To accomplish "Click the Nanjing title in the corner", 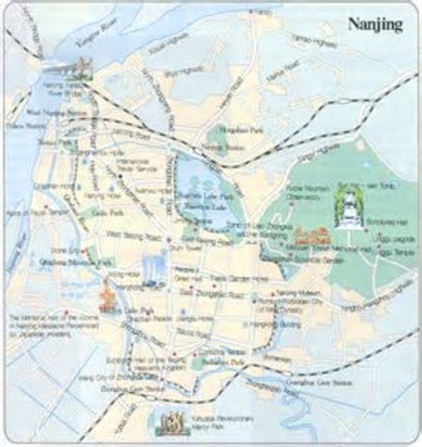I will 374,25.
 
